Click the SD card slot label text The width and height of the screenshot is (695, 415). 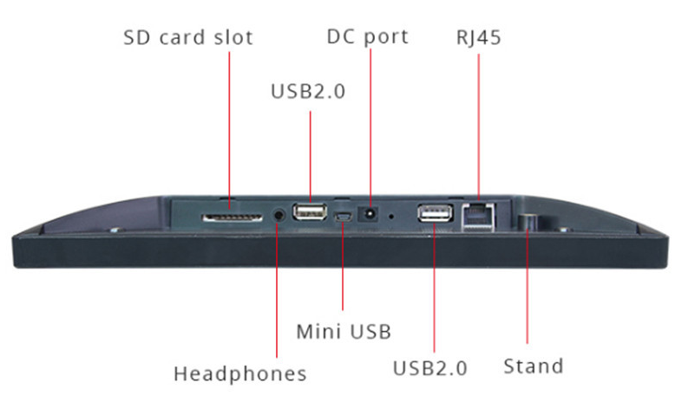(x=188, y=37)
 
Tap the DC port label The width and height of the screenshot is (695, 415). (x=367, y=36)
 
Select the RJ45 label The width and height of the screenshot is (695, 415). (x=479, y=38)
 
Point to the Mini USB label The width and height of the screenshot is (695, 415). (x=344, y=332)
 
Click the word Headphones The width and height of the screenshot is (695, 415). (x=239, y=374)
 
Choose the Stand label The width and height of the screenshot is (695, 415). (x=534, y=366)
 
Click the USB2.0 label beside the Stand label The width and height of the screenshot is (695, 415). (x=430, y=368)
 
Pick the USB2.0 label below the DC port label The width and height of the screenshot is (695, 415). (x=308, y=91)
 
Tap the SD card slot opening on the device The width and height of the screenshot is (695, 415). (x=232, y=217)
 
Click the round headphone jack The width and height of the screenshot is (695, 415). (x=279, y=216)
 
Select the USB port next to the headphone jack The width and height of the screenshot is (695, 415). (x=310, y=211)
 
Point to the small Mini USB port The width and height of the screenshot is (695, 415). (x=343, y=217)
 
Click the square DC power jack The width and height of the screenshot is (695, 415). (x=368, y=214)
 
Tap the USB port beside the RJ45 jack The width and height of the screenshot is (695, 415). (x=436, y=213)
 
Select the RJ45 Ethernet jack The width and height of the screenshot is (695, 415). (x=478, y=217)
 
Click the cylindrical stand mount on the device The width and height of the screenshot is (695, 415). (x=528, y=221)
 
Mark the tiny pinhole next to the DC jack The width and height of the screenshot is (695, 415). (x=391, y=217)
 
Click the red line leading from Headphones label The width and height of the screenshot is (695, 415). (x=277, y=289)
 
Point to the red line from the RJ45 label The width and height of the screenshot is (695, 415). (x=479, y=126)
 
